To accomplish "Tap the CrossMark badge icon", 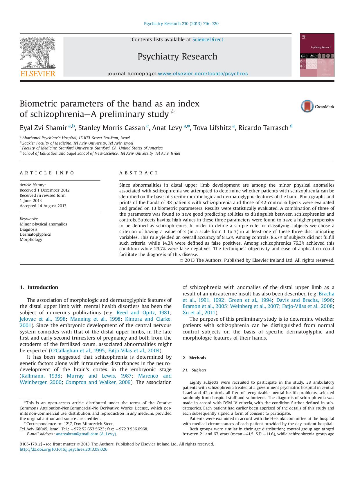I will tap(307, 106).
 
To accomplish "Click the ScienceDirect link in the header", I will tap(208, 39).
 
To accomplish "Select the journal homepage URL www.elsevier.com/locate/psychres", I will tap(203, 74).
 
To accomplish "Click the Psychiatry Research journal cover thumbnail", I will tap(317, 55).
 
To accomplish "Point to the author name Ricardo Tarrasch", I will tap(263, 128).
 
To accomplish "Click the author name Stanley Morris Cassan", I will tap(111, 128).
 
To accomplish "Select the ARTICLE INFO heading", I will tap(47, 173).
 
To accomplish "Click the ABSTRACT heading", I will tap(138, 173).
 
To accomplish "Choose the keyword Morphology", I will tap(31, 239).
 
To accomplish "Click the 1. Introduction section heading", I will tap(39, 287).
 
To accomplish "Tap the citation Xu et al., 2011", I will tap(199, 313).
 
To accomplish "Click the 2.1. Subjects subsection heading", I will tap(194, 370).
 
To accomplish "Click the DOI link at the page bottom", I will tap(63, 449).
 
